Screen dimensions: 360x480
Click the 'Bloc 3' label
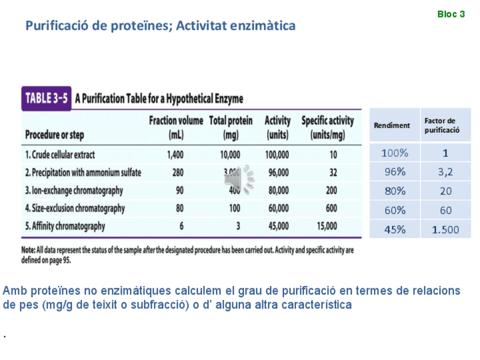pyautogui.click(x=451, y=14)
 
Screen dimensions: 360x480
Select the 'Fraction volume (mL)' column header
pyautogui.click(x=175, y=128)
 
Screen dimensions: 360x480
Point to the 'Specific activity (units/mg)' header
pyautogui.click(x=327, y=128)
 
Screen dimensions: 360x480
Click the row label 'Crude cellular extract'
pyautogui.click(x=60, y=155)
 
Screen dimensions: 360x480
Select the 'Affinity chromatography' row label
pyautogui.click(x=65, y=226)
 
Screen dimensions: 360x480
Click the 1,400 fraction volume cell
pyautogui.click(x=175, y=155)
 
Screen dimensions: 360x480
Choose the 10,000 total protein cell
pyautogui.click(x=230, y=155)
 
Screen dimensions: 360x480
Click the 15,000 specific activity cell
pyautogui.click(x=327, y=226)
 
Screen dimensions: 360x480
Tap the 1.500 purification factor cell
pyautogui.click(x=445, y=229)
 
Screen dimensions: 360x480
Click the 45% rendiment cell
pyautogui.click(x=395, y=229)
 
